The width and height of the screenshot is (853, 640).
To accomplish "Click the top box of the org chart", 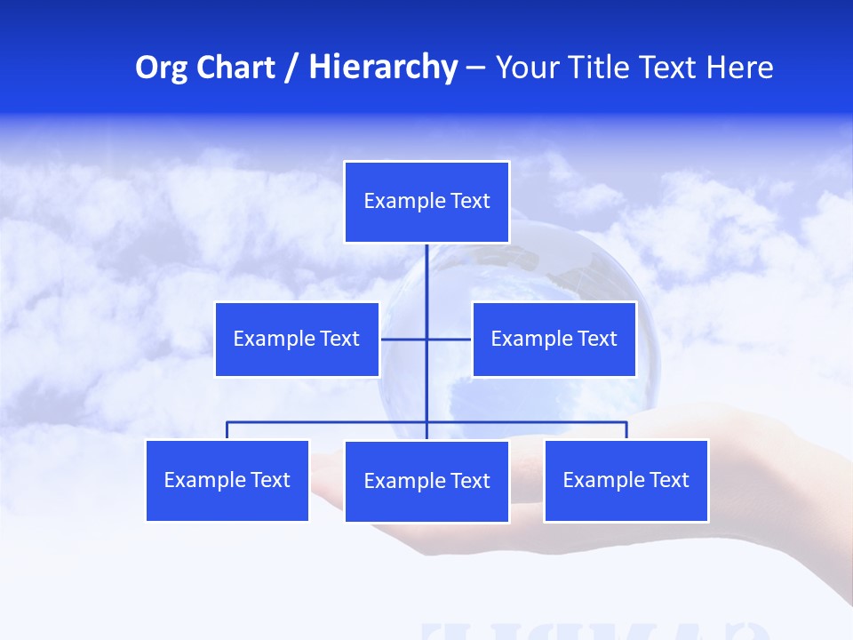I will (426, 202).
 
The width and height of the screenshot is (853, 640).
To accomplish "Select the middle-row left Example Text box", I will (297, 339).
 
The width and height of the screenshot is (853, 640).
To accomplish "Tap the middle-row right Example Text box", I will (554, 339).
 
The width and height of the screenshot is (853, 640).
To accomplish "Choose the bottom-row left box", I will (227, 480).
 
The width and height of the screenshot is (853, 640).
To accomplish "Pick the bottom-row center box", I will (426, 481).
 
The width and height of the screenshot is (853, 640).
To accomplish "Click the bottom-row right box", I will (626, 480).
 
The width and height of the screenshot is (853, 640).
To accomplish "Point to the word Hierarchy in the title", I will (382, 68).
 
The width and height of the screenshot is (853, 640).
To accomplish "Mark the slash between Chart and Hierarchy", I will (291, 68).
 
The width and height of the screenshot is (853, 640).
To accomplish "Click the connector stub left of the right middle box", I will (450, 339).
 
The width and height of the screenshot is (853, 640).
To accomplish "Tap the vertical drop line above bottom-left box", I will (227, 430).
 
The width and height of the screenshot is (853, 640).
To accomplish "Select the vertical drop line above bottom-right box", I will (626, 430).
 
